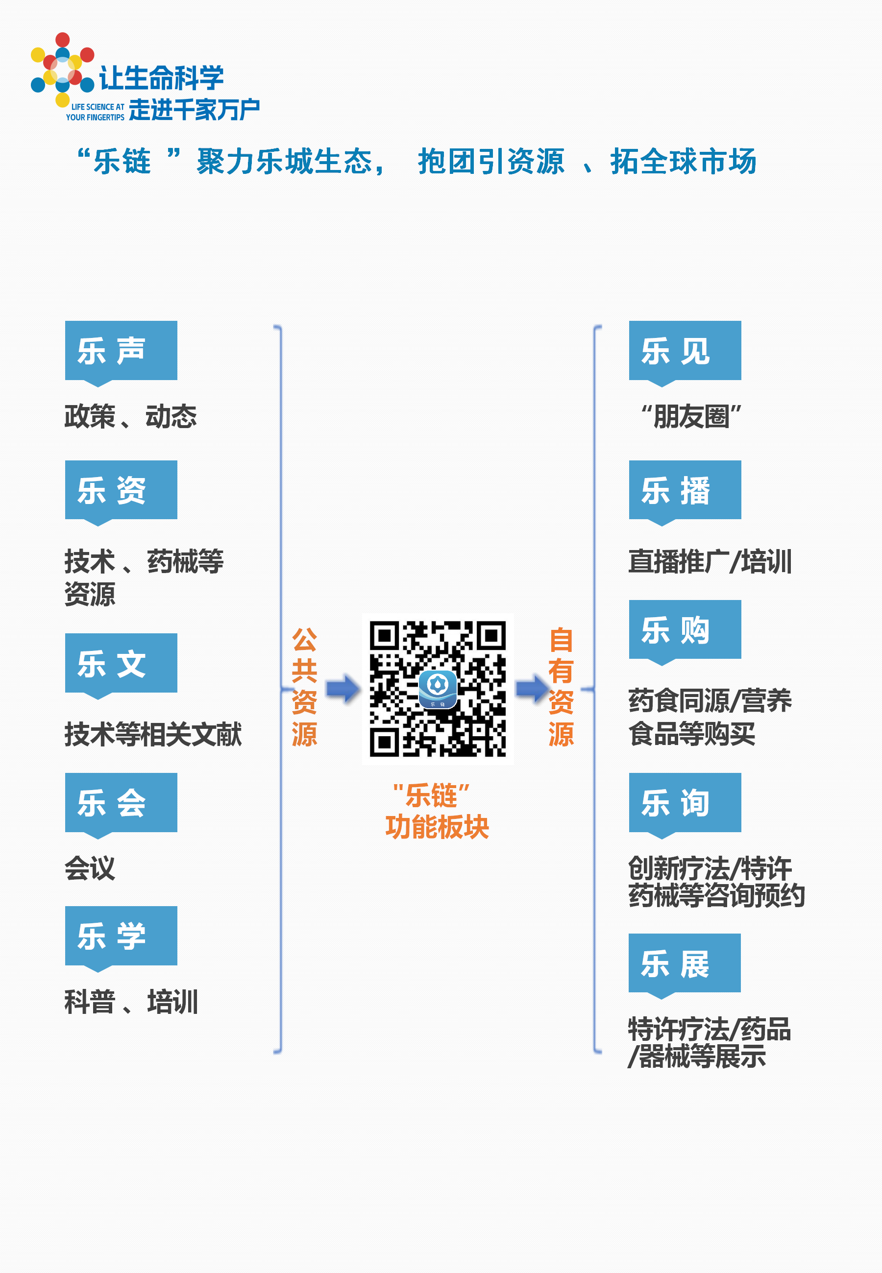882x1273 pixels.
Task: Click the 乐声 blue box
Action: tap(121, 351)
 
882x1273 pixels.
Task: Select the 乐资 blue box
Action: tap(121, 490)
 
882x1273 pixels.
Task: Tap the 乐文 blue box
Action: tap(121, 663)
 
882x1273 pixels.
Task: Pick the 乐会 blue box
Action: tap(121, 802)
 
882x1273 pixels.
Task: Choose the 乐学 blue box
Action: tap(121, 936)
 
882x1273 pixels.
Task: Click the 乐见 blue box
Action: tap(685, 351)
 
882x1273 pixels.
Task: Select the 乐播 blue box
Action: tap(685, 490)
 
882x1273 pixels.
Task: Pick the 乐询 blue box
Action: tap(685, 802)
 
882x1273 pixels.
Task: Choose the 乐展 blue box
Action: tap(684, 962)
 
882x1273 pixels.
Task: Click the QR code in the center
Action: tap(438, 689)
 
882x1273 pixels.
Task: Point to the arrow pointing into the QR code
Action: tap(343, 689)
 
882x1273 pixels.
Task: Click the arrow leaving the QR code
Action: tap(532, 689)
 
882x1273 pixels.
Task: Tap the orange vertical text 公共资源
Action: tap(304, 687)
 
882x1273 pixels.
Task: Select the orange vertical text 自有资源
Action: tap(561, 687)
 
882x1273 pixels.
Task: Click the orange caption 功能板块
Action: tap(437, 827)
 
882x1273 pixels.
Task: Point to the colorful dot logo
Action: tap(62, 69)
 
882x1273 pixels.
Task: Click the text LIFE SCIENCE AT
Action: tap(98, 107)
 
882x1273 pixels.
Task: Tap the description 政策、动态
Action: tap(130, 416)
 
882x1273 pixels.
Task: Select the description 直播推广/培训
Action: tap(710, 562)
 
